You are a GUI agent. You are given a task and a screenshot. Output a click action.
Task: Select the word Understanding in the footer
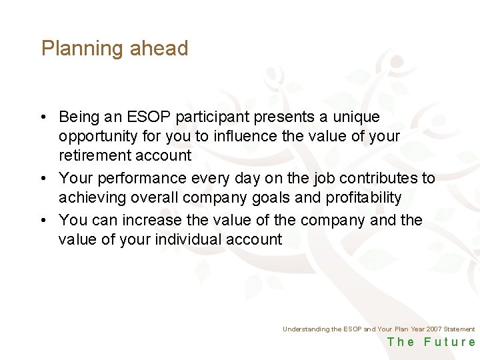pyautogui.click(x=305, y=329)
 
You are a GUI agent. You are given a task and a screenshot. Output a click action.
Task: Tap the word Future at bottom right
pyautogui.click(x=450, y=343)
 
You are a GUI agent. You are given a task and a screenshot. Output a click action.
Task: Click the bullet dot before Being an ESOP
pyautogui.click(x=42, y=118)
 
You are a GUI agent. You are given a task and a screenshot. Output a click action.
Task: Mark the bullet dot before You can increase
pyautogui.click(x=42, y=221)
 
